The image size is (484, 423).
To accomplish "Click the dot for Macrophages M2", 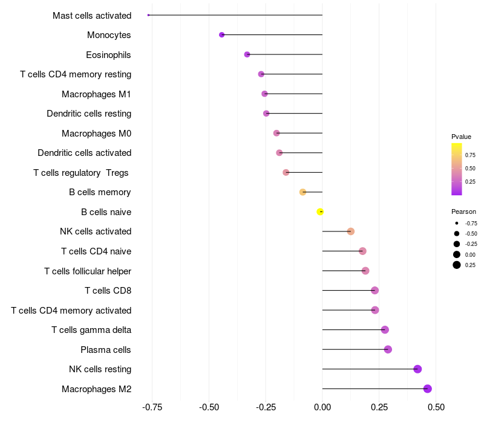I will click(x=428, y=389).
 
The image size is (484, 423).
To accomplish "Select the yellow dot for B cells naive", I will click(x=321, y=211).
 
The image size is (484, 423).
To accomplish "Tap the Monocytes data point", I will click(x=221, y=35).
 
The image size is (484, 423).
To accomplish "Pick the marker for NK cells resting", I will click(x=417, y=369).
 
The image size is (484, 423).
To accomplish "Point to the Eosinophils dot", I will click(x=247, y=54).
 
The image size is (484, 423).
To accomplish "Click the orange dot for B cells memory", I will click(x=303, y=192).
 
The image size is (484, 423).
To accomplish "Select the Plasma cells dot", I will click(x=388, y=349).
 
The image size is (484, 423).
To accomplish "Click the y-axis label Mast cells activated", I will click(x=92, y=16).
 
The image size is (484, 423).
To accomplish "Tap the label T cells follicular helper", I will click(x=88, y=271).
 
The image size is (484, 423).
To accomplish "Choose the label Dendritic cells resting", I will click(x=89, y=114).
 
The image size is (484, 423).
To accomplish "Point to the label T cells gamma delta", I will click(x=91, y=330).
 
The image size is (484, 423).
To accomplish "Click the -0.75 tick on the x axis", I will click(x=152, y=407).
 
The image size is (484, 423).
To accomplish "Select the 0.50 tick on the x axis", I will click(x=436, y=407).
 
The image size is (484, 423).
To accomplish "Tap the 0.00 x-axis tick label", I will click(x=322, y=407).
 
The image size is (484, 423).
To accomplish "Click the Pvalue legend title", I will click(x=461, y=137).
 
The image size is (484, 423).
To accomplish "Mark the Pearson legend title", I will click(x=463, y=212).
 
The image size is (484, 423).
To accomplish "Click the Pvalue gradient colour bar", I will click(x=457, y=169).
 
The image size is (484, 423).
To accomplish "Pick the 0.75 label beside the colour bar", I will click(x=470, y=155).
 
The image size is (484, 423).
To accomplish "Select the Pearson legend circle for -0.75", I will click(x=457, y=224).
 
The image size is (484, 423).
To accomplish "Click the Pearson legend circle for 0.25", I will click(x=457, y=265).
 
